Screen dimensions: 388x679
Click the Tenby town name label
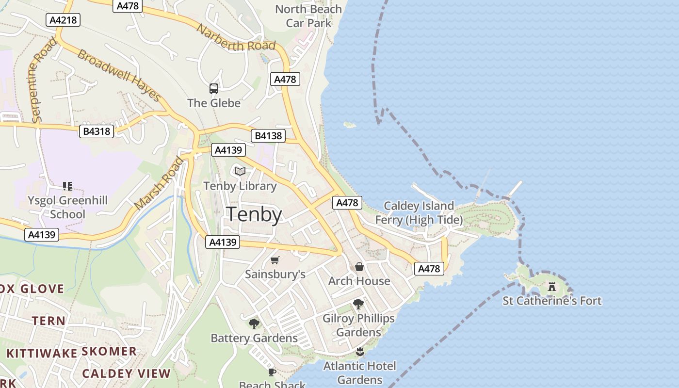[254, 214]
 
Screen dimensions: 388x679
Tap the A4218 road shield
[63, 20]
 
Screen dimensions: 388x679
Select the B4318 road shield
[97, 131]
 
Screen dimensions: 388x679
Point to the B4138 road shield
[268, 136]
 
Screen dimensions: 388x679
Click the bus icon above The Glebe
[214, 89]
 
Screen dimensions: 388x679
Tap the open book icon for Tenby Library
[240, 171]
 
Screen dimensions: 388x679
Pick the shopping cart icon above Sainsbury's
[275, 260]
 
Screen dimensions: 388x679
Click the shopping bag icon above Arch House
[359, 267]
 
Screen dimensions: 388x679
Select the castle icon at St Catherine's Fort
[552, 287]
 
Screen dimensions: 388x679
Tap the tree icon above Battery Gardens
[254, 323]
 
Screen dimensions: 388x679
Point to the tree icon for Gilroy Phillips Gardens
[358, 304]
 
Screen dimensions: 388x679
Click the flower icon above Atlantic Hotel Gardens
[359, 351]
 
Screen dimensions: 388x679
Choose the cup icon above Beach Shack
[272, 372]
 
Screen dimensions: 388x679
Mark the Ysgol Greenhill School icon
[67, 186]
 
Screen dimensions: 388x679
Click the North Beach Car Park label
[308, 16]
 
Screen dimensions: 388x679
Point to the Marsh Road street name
[160, 183]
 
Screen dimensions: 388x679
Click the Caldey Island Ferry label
[419, 213]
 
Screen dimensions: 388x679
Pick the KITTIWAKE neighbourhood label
[42, 353]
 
